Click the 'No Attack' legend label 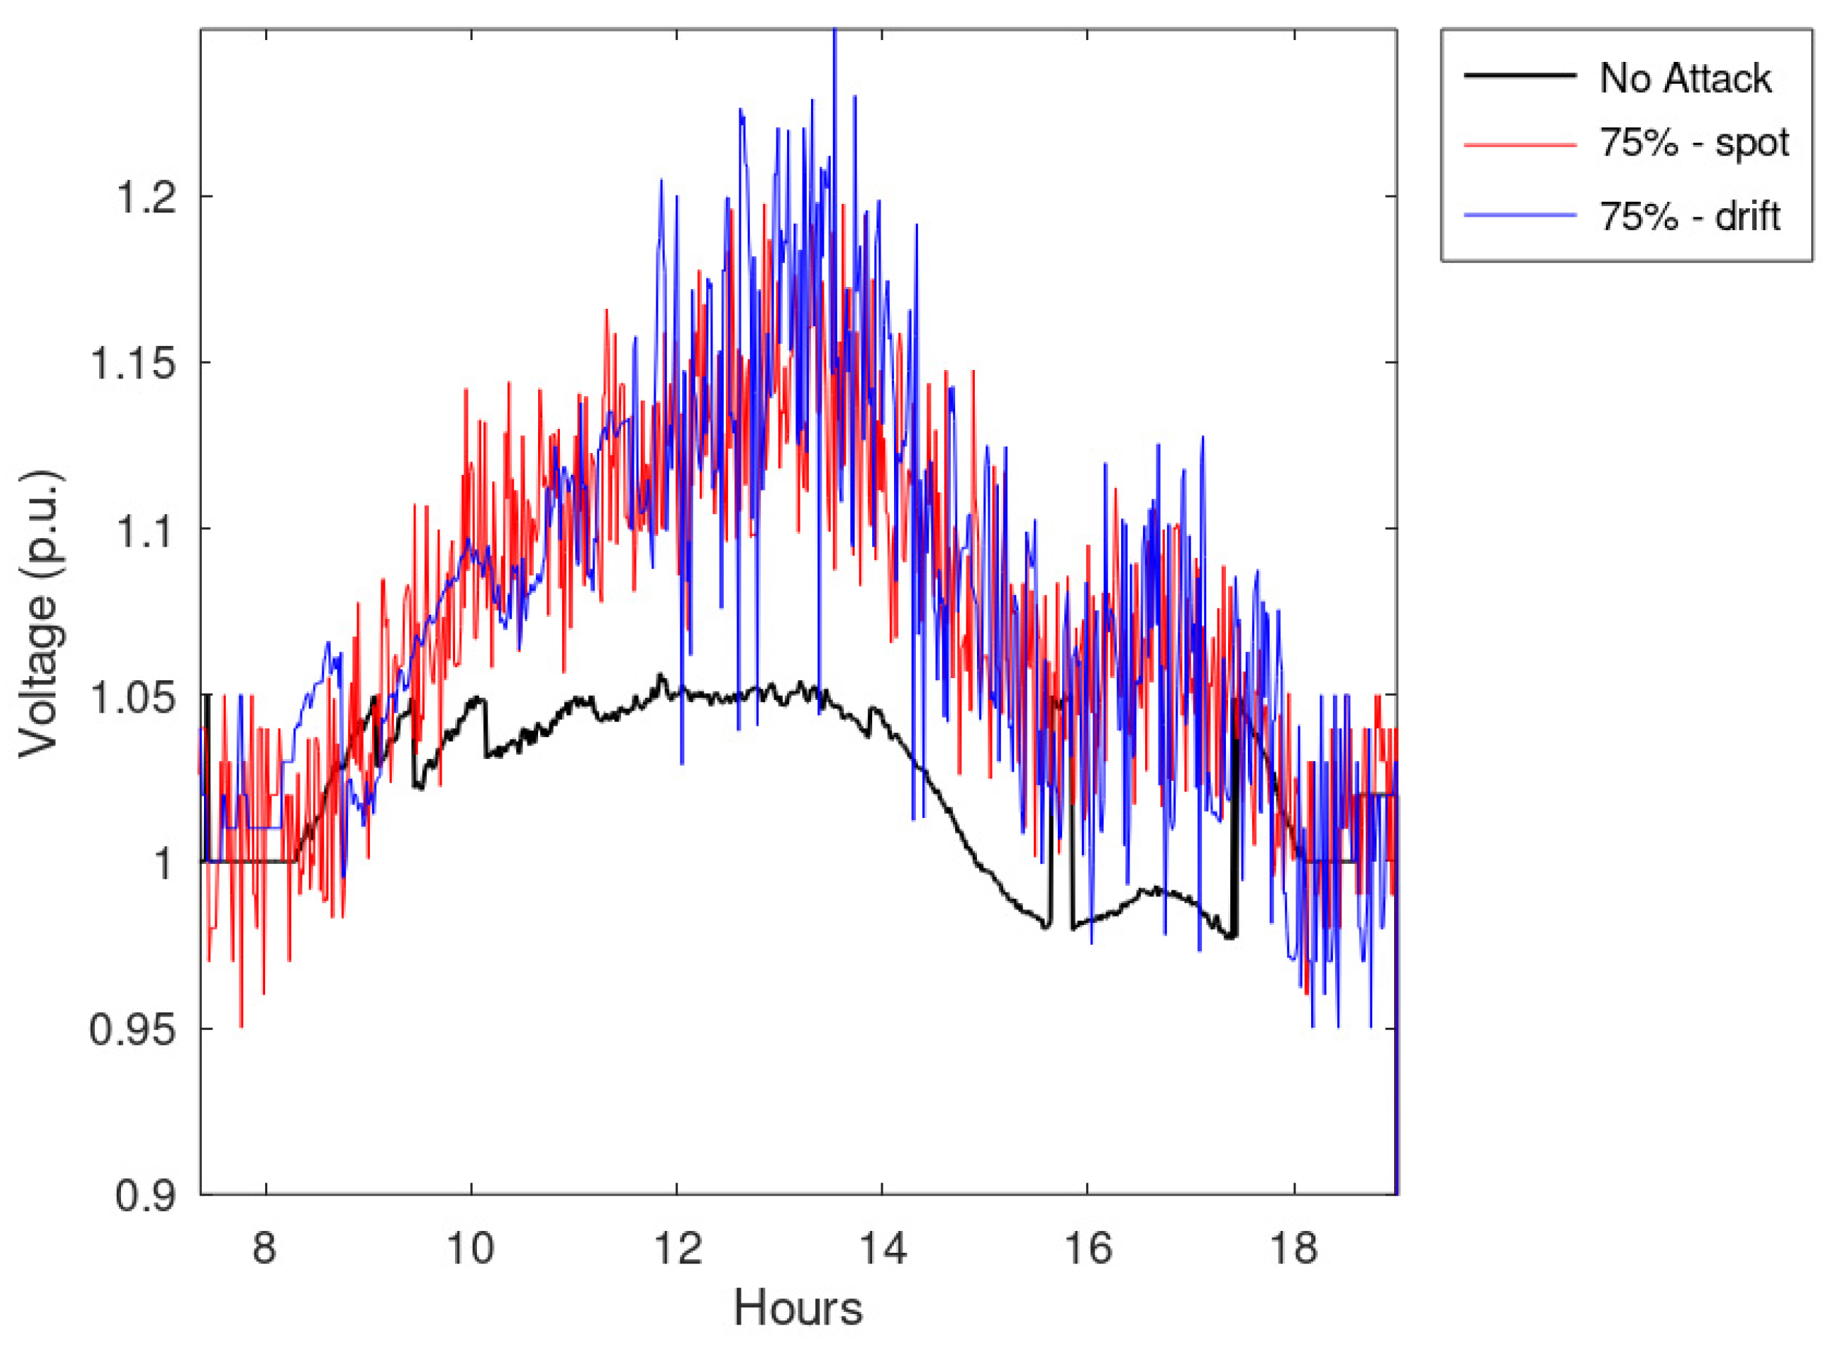(x=1684, y=79)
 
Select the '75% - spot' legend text (x=1694, y=143)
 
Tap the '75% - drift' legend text (x=1690, y=217)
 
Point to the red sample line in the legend (x=1519, y=144)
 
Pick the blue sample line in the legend (x=1519, y=215)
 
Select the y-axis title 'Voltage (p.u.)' (x=39, y=613)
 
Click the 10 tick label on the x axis (x=471, y=1248)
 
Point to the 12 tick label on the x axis (x=677, y=1248)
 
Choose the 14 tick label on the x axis (x=883, y=1248)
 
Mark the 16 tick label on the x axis (x=1087, y=1248)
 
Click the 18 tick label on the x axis (x=1294, y=1248)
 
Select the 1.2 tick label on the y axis (x=146, y=198)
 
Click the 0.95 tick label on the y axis (x=133, y=1029)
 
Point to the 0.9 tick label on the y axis (x=146, y=1195)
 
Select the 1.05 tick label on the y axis (x=133, y=697)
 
